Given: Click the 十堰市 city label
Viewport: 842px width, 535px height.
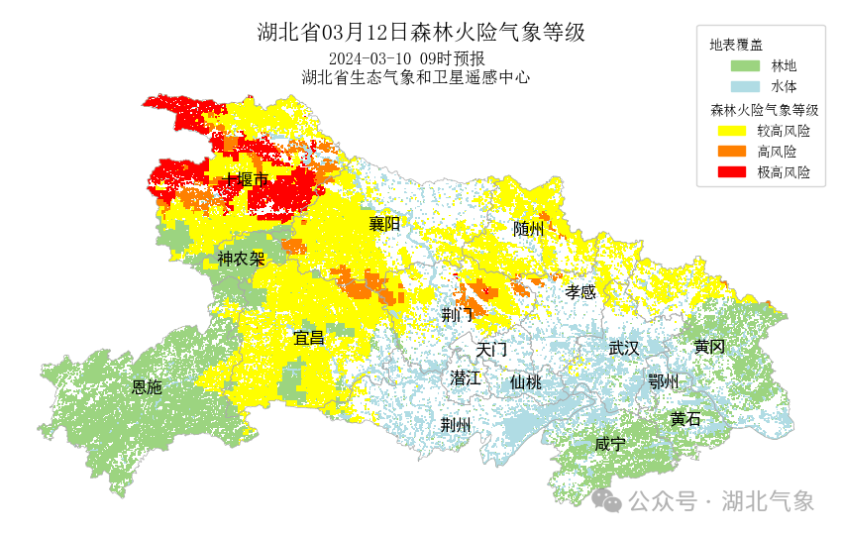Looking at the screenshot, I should pos(247,180).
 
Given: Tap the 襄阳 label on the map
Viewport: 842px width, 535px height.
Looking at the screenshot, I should pos(384,224).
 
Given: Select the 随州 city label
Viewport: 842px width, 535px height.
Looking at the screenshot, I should pos(529,229).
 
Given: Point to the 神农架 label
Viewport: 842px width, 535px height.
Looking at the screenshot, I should pos(241,260).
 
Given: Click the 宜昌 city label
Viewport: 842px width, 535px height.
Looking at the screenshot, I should pos(309,338).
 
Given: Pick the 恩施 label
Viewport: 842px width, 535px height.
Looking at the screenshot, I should pos(147,387).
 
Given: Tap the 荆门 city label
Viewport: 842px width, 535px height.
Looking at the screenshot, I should pos(458,316).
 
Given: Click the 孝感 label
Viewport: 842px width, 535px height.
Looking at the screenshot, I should pos(580,292).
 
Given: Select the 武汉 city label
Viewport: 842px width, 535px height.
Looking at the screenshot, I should pos(624,349).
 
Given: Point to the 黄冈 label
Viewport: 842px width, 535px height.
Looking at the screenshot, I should pos(709,347).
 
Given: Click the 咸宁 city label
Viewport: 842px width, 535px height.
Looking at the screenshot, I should pos(610,445).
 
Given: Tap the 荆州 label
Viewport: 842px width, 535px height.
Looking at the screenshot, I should pos(456,425).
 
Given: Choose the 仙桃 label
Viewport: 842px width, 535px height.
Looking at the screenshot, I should pos(526,382).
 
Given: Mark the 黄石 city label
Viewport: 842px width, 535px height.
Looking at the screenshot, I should pos(684,419).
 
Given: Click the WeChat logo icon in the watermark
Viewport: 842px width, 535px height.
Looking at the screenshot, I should pos(606,501).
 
